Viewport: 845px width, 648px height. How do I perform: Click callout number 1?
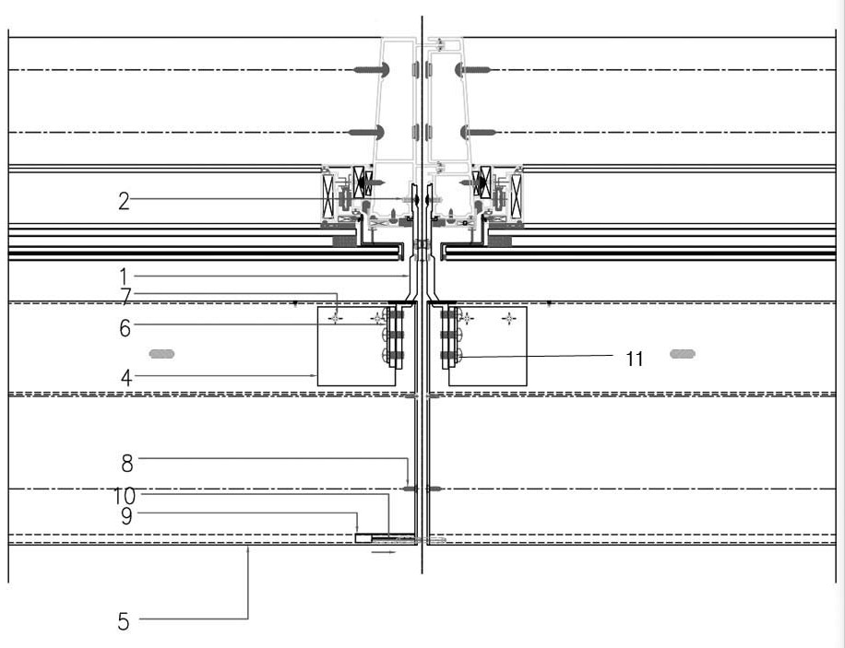pyautogui.click(x=123, y=275)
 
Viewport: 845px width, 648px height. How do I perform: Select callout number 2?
pyautogui.click(x=124, y=199)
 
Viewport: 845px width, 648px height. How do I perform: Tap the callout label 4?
pyautogui.click(x=124, y=376)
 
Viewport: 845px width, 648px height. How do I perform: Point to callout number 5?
pyautogui.click(x=124, y=621)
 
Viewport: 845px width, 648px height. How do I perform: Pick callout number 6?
pyautogui.click(x=124, y=327)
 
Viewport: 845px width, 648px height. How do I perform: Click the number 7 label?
pyautogui.click(x=125, y=295)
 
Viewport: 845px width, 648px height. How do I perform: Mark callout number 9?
pyautogui.click(x=125, y=515)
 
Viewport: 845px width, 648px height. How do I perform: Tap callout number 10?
pyautogui.click(x=126, y=495)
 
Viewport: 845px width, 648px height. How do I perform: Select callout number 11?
pyautogui.click(x=634, y=359)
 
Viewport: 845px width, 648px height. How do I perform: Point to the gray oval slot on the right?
pyautogui.click(x=683, y=353)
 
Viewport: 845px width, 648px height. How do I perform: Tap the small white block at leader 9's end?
pyautogui.click(x=363, y=538)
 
